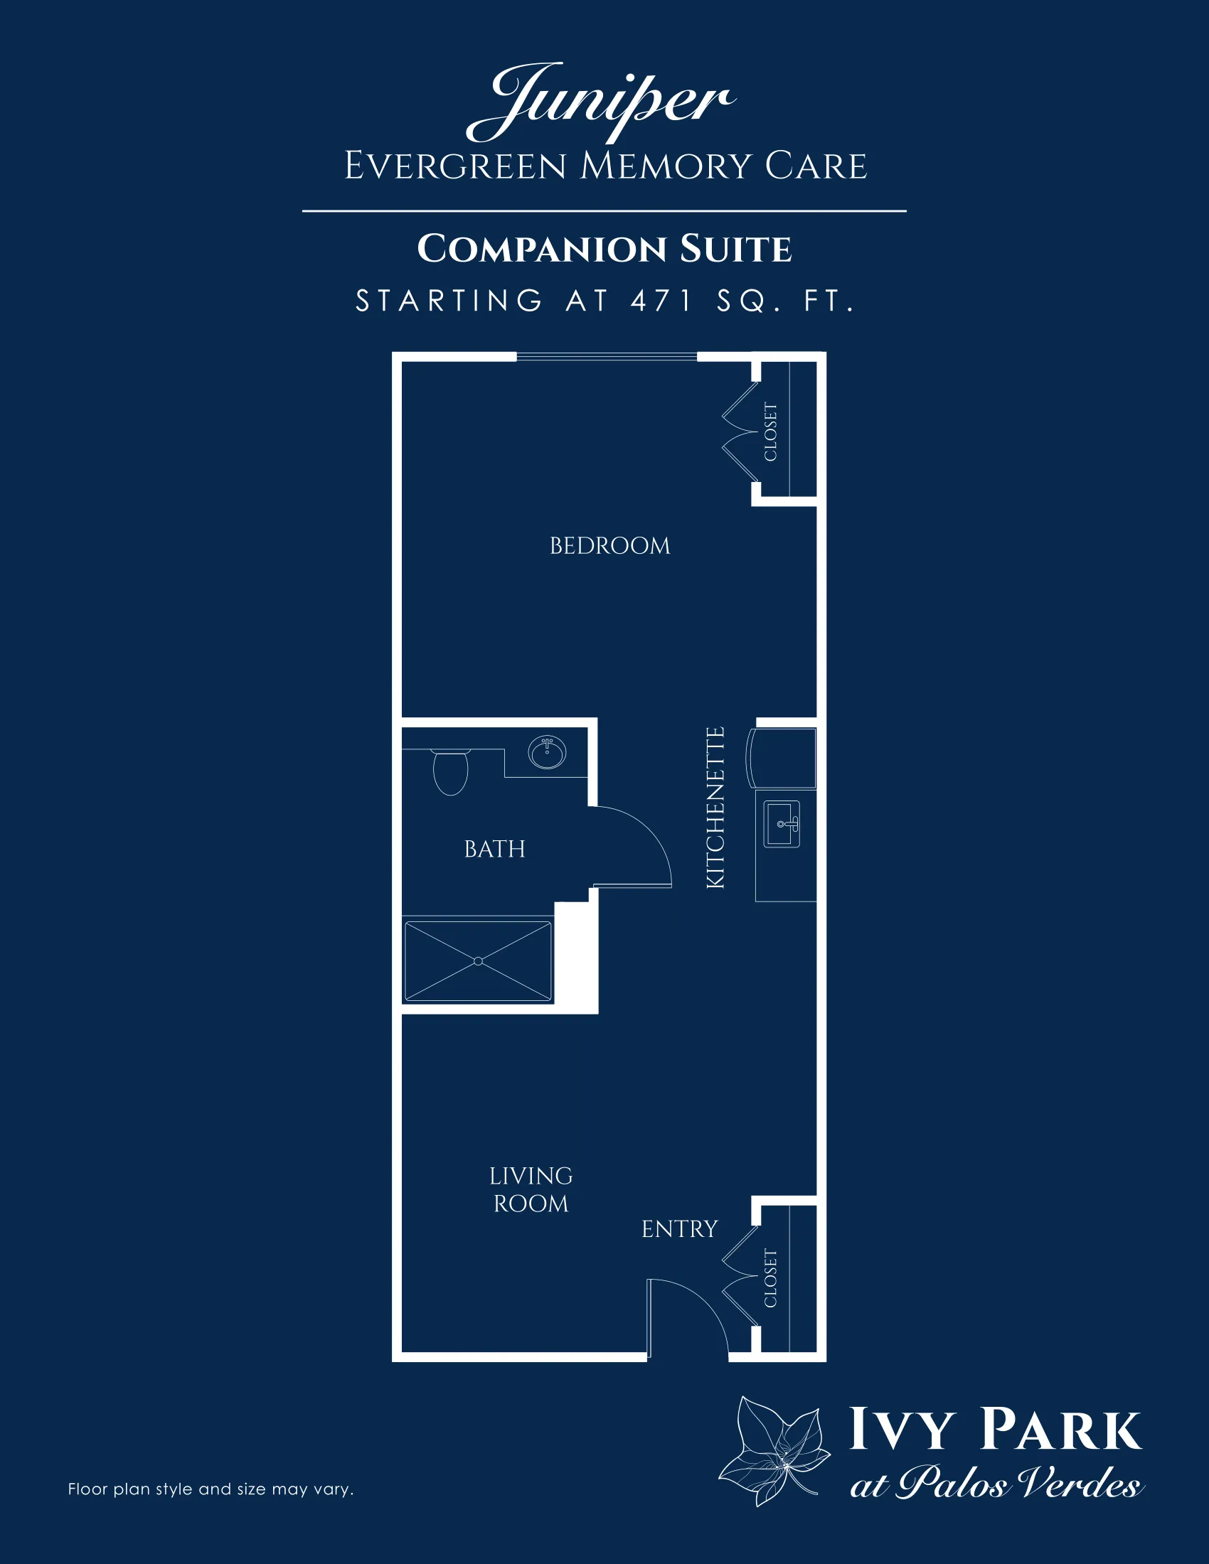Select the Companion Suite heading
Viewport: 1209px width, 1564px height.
(x=604, y=250)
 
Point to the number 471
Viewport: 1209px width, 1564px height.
(x=662, y=301)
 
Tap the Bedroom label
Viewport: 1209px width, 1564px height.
(x=609, y=547)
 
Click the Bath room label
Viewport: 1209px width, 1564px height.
(x=494, y=850)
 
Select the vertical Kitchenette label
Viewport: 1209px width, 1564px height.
(x=715, y=808)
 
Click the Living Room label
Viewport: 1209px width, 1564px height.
(x=531, y=1189)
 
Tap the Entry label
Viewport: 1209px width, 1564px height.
(x=679, y=1229)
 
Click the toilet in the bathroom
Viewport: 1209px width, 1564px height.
(x=450, y=771)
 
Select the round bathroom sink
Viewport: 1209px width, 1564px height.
(x=547, y=754)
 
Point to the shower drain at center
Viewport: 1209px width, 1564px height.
(x=479, y=961)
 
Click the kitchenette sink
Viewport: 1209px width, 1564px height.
(x=782, y=823)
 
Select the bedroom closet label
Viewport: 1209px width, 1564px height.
(x=771, y=432)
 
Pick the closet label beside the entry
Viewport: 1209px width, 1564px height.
(x=771, y=1278)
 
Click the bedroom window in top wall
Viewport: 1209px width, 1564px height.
(x=607, y=357)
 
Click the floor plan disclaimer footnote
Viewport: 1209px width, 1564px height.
(x=211, y=1489)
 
